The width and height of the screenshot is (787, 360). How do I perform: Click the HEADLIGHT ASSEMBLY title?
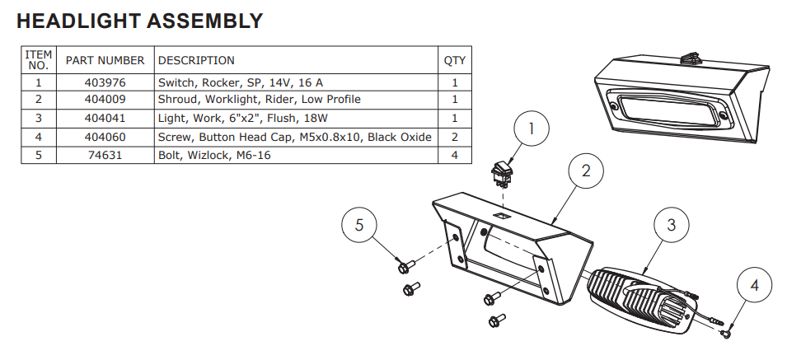(x=140, y=21)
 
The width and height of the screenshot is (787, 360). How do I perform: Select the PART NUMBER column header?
(x=105, y=60)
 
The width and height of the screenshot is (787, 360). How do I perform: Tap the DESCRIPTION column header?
(x=196, y=60)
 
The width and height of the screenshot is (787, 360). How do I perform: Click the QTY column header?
(x=455, y=60)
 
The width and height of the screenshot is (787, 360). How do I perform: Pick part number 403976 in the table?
(x=105, y=82)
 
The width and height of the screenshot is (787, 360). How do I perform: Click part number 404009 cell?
(x=105, y=99)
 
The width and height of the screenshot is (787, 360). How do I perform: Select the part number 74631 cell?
(x=105, y=154)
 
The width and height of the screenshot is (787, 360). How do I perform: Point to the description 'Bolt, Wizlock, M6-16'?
(x=214, y=154)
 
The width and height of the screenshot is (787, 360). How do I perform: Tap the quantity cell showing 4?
(x=455, y=154)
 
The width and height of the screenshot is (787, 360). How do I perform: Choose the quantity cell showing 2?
(x=455, y=137)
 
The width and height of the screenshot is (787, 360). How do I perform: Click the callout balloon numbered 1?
(x=532, y=129)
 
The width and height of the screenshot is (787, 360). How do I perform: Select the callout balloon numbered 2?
(x=585, y=171)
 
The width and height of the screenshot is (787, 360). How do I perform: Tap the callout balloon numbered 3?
(x=672, y=224)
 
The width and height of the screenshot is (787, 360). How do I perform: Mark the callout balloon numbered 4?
(x=755, y=285)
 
